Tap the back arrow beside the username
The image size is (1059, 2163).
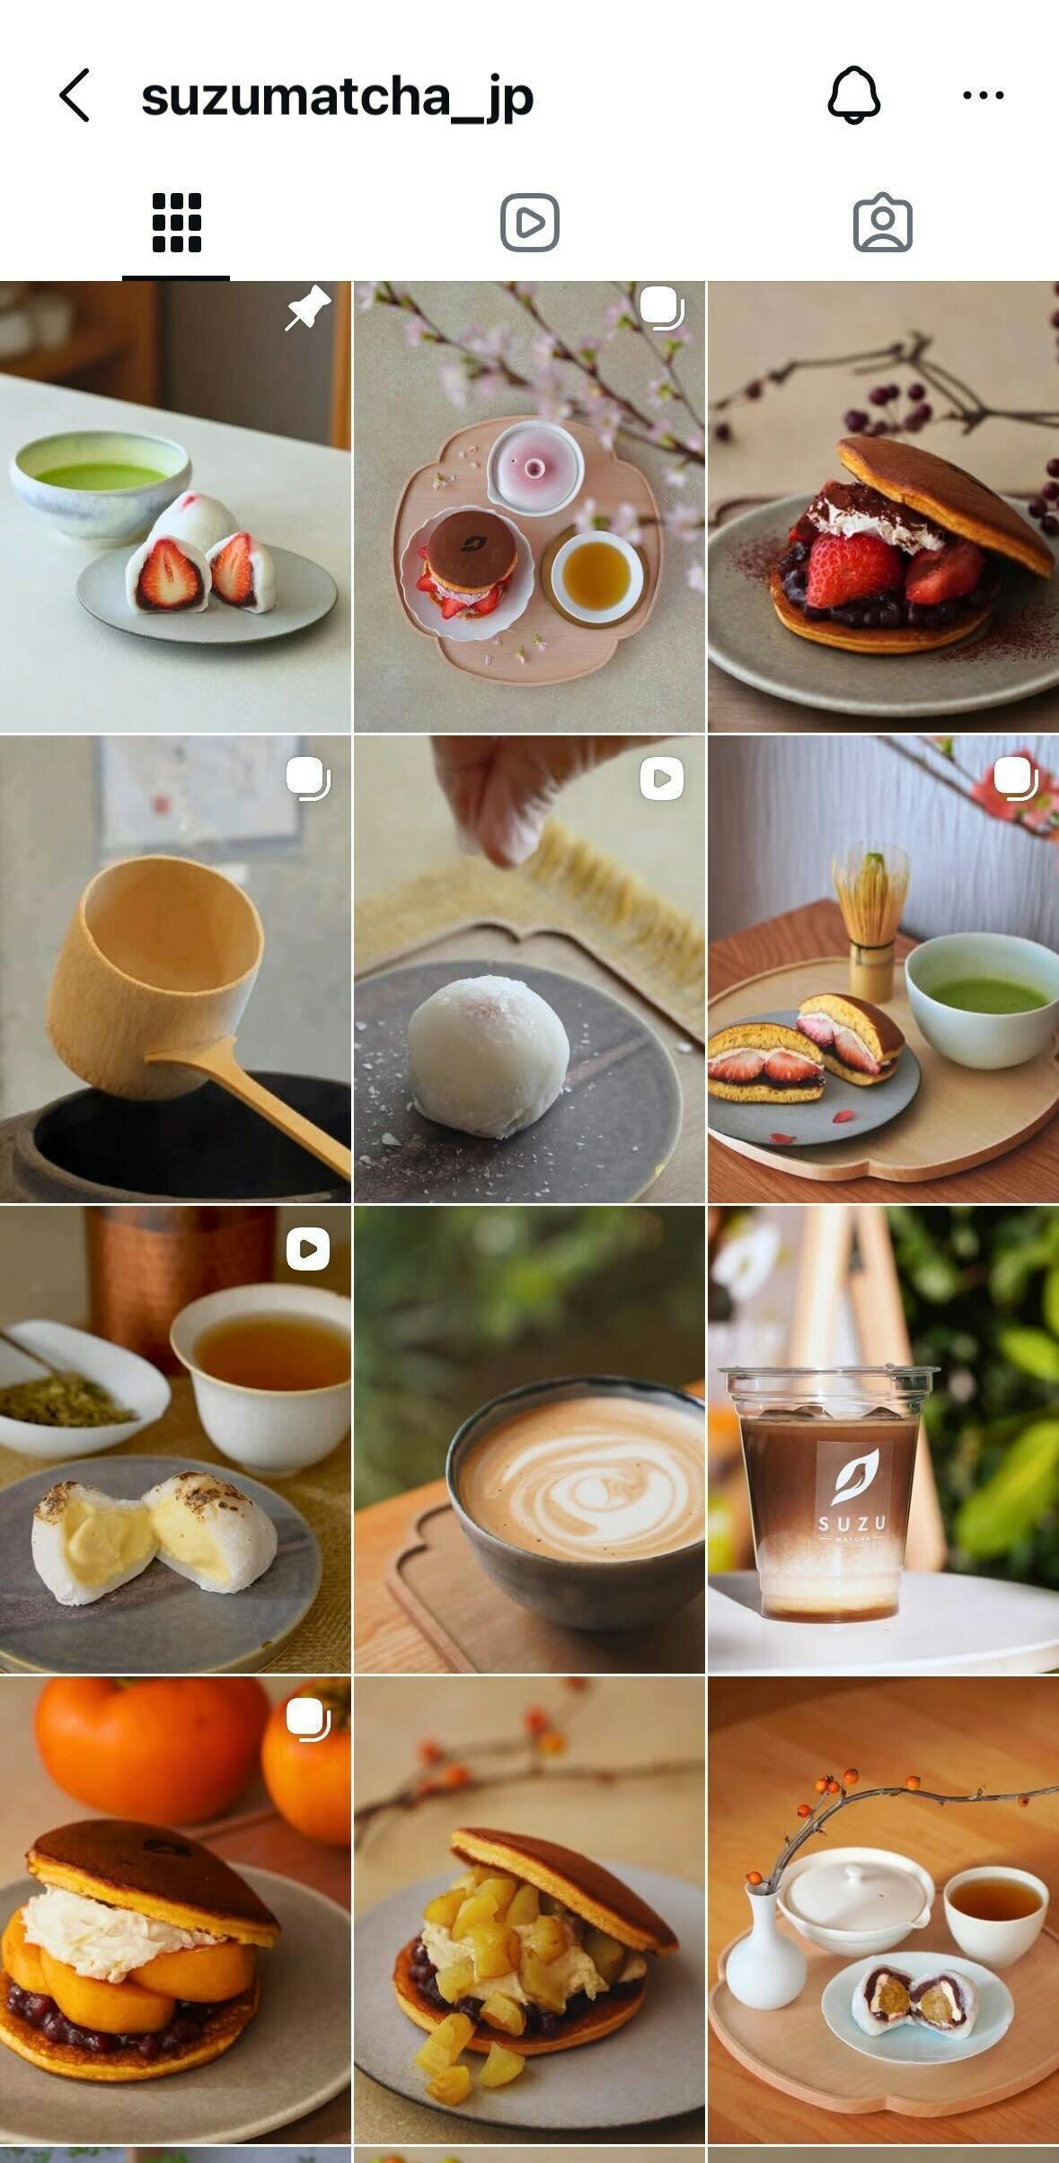75,95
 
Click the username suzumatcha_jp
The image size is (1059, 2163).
338,96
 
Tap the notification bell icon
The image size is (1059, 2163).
854,94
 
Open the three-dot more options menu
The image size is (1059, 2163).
984,94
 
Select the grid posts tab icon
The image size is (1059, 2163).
177,223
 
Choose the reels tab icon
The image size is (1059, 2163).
530,223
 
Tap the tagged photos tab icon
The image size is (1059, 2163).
882,222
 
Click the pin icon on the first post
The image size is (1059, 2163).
308,309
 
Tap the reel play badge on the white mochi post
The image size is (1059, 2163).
662,778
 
